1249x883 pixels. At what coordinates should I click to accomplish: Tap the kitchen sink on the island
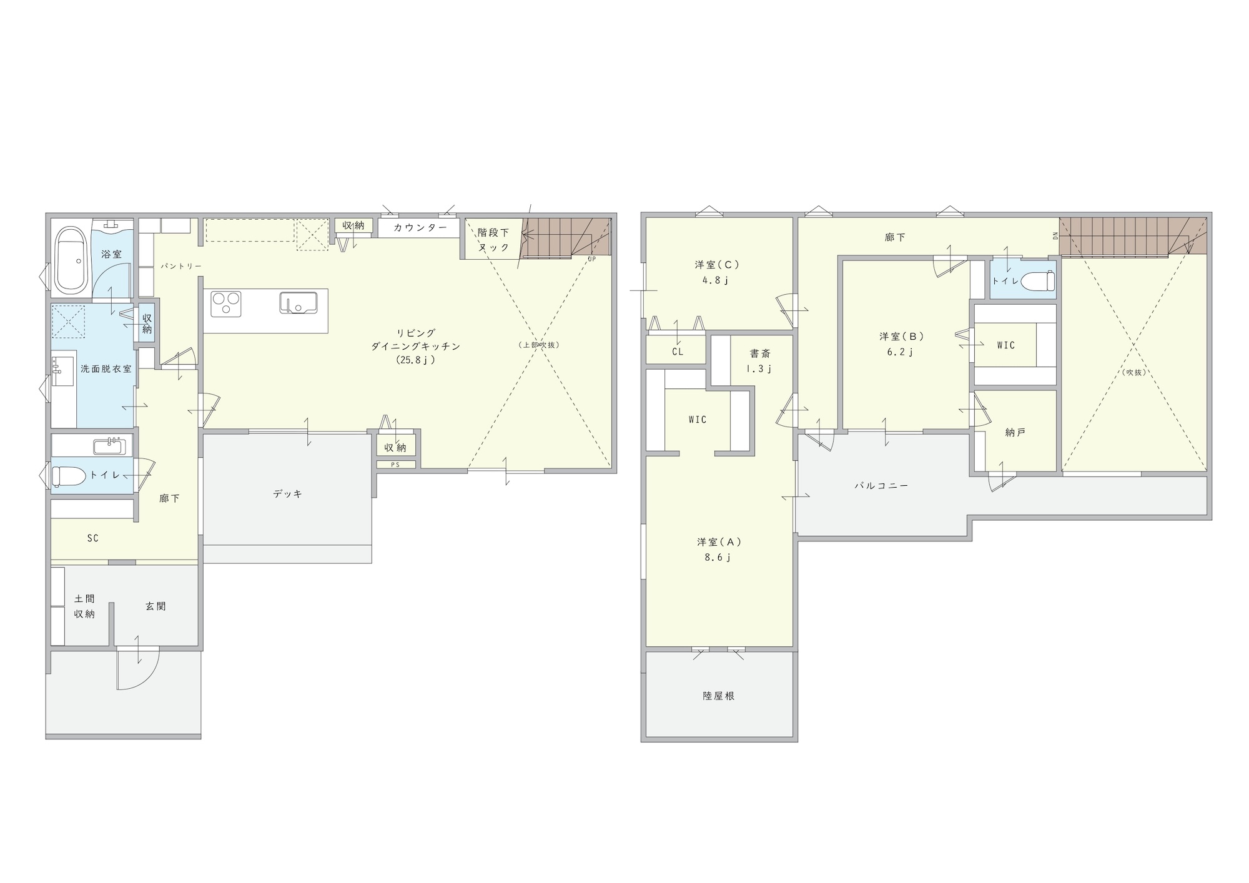tap(298, 303)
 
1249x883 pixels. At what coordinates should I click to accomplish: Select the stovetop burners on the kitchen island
tap(226, 304)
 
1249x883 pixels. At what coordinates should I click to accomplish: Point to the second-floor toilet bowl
tap(1037, 281)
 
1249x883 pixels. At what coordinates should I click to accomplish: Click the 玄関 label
tap(156, 606)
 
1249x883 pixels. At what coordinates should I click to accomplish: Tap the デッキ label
tap(287, 493)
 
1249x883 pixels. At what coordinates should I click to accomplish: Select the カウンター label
tap(420, 228)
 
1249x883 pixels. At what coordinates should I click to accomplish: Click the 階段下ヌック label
tap(493, 240)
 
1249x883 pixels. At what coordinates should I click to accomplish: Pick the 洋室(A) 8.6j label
tap(719, 550)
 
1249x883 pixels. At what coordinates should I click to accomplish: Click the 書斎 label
tap(760, 353)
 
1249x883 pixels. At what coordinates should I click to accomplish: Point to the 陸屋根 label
tap(719, 696)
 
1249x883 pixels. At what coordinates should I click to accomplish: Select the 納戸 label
tap(1015, 432)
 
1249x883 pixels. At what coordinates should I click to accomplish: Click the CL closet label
tap(678, 352)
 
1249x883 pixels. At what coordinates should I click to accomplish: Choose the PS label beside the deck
tap(395, 465)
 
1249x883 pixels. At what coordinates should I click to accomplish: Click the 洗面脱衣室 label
tap(106, 368)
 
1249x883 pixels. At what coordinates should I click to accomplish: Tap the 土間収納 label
tap(84, 606)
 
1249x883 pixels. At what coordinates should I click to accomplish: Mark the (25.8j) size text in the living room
tap(415, 360)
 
